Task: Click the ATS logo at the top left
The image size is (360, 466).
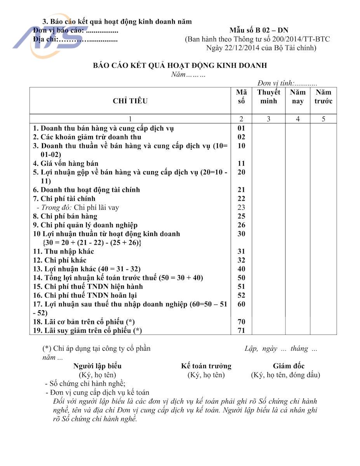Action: point(47,41)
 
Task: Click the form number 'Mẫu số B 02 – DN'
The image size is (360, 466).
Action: point(259,30)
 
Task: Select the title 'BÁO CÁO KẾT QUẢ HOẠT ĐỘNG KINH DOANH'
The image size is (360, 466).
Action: point(180,66)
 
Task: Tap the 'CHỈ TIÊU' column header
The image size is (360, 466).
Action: point(130,101)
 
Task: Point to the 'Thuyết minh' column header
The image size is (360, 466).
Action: point(268,97)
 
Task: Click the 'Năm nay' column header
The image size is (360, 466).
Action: point(297,97)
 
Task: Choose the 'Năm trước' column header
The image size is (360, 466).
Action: point(323,97)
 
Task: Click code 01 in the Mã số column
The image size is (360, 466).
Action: point(241,128)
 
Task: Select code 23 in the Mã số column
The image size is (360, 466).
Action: point(241,207)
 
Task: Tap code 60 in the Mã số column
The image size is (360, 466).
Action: point(241,304)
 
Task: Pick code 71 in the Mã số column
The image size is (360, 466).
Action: point(241,330)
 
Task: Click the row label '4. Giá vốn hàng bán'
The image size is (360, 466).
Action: point(66,163)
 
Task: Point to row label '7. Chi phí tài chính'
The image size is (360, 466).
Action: point(64,198)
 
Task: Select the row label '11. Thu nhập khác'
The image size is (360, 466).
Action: point(63,251)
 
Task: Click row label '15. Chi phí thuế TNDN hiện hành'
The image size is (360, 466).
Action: point(88,287)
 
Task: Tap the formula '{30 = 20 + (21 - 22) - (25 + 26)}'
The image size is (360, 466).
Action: point(91,243)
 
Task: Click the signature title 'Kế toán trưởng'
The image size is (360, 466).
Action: point(206,366)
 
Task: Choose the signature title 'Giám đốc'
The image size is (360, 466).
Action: point(289,366)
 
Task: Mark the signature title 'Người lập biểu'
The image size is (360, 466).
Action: point(97,366)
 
